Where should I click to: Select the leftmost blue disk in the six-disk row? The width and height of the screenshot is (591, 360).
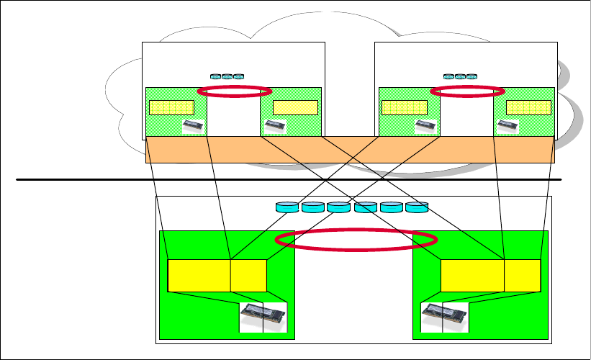(x=287, y=208)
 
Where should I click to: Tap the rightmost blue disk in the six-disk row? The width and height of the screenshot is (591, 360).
(x=417, y=208)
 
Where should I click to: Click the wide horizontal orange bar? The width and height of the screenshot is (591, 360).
(x=350, y=150)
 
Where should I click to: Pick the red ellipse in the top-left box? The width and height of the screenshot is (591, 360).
(x=234, y=91)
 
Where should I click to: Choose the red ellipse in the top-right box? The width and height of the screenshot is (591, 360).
(x=467, y=91)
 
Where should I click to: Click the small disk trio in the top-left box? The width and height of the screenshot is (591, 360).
(x=227, y=76)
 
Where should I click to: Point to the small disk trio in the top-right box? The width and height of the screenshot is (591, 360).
(x=460, y=76)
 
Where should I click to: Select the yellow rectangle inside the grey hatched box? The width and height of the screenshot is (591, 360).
(x=405, y=108)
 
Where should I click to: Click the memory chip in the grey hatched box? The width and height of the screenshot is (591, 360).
(x=426, y=127)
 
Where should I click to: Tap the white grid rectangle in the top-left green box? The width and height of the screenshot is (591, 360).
(x=171, y=108)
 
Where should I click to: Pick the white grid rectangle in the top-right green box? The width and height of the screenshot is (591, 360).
(x=528, y=108)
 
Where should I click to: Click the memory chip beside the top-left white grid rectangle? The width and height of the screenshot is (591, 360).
(x=193, y=127)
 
